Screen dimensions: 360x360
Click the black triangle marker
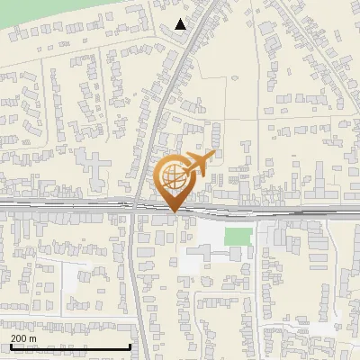tap(182, 24)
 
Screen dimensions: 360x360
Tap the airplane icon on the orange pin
tap(200, 164)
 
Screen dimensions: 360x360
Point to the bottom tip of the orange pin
tap(174, 211)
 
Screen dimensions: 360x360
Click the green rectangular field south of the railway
tap(238, 237)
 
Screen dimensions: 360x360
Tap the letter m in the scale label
tap(32, 337)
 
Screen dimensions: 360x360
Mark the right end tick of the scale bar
tap(130, 346)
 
